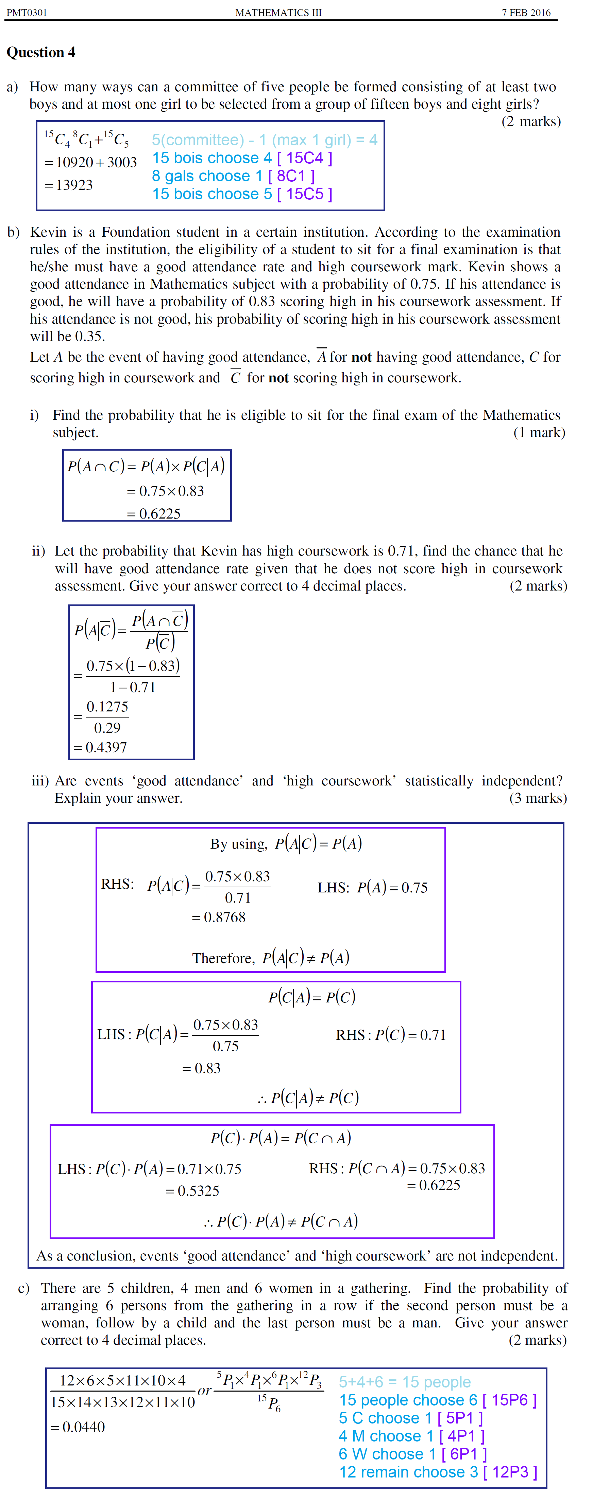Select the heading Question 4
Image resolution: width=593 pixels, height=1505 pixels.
pyautogui.click(x=41, y=53)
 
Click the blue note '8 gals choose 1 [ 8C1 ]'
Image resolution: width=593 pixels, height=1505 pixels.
pyautogui.click(x=233, y=176)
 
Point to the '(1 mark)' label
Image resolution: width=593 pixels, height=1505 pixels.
pyautogui.click(x=539, y=432)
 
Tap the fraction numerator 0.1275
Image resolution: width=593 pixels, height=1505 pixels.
pyautogui.click(x=107, y=707)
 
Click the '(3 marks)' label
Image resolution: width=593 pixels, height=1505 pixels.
pyautogui.click(x=538, y=798)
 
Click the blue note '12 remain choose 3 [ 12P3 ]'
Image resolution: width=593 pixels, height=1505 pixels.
pyautogui.click(x=438, y=1472)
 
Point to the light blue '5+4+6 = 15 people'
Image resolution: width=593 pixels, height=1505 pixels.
pyautogui.click(x=404, y=1382)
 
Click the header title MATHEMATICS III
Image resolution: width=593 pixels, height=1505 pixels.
pyautogui.click(x=278, y=12)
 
